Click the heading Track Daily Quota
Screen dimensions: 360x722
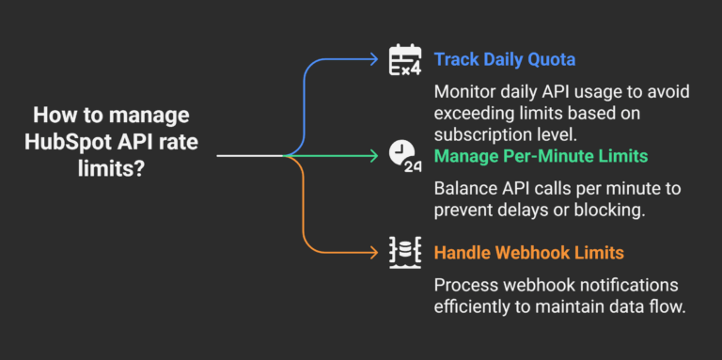tap(504, 59)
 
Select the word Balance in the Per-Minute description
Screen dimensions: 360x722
tap(465, 188)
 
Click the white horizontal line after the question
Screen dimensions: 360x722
tap(249, 155)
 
